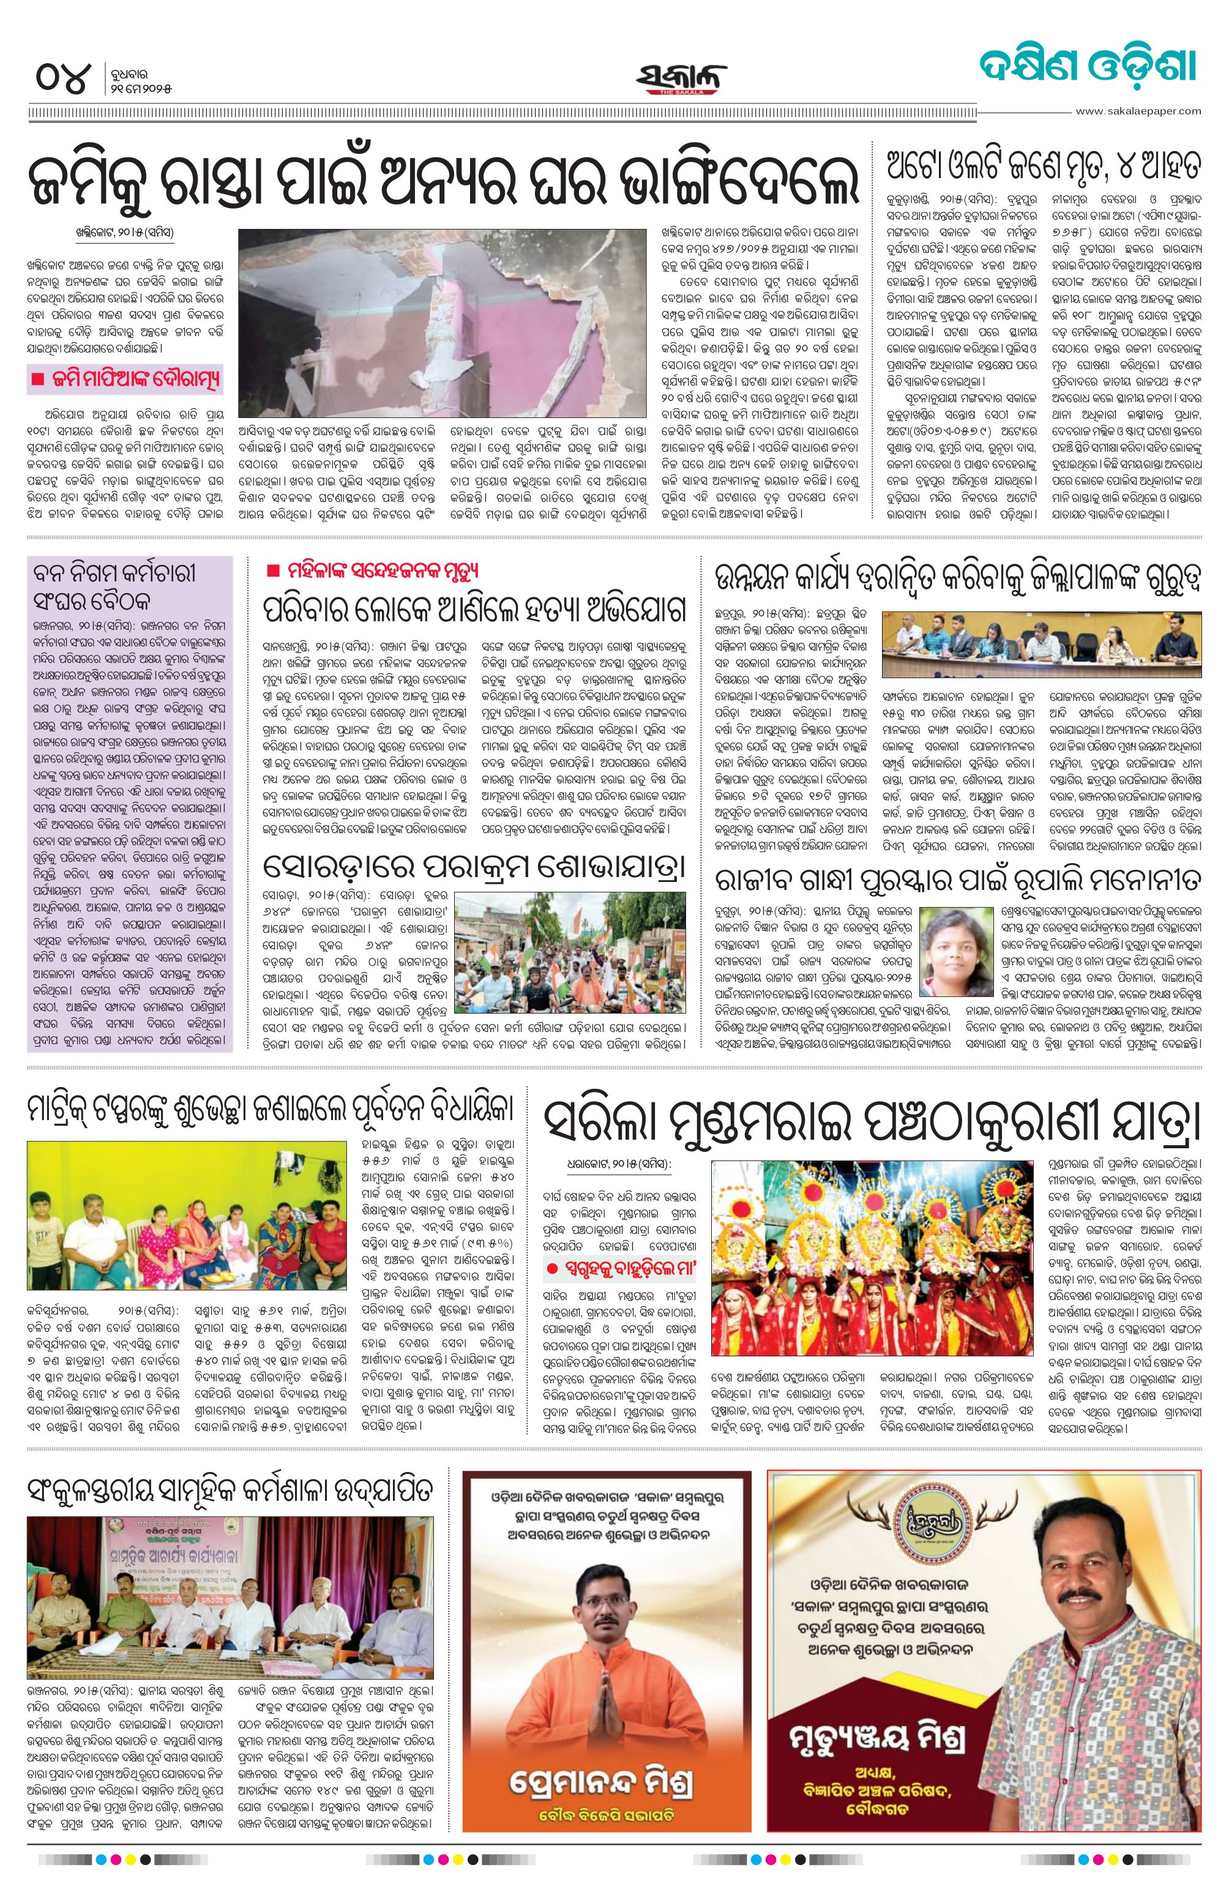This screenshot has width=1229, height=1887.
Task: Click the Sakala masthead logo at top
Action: [x=681, y=78]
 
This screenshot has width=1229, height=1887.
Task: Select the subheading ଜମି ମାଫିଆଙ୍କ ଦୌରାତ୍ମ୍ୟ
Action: [x=125, y=378]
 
